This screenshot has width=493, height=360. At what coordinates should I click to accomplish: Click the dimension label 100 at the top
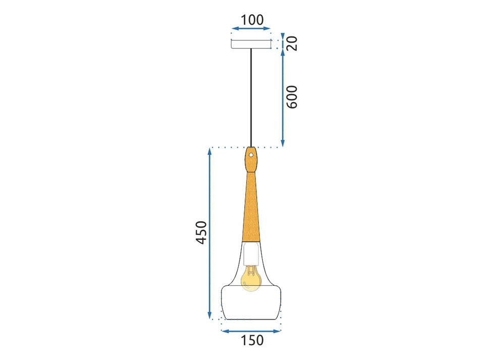tap(252, 20)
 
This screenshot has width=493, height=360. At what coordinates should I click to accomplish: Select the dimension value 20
tap(292, 43)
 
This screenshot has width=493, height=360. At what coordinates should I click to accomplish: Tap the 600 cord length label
tap(292, 97)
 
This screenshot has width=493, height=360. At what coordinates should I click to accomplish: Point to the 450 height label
tap(201, 232)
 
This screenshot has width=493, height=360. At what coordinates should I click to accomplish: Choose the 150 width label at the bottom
tap(252, 340)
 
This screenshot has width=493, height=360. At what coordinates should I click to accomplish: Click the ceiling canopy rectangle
tap(251, 44)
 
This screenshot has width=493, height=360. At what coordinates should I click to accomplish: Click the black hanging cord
tap(251, 98)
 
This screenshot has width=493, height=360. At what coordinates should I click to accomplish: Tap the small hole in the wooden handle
tap(251, 155)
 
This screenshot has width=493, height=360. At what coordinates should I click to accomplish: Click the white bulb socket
tap(251, 253)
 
